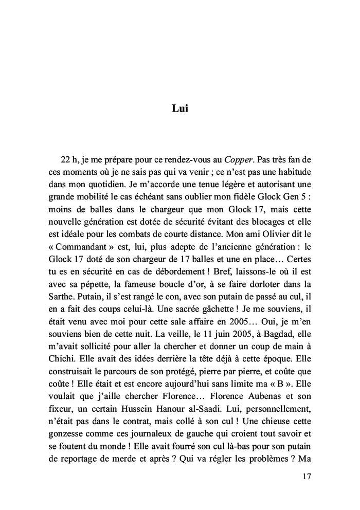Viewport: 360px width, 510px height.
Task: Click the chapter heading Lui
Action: [x=179, y=109]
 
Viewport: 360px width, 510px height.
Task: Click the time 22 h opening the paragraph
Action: [x=74, y=160]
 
